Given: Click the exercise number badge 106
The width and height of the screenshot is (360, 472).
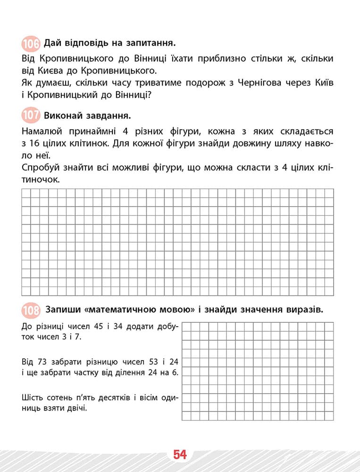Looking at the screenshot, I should point(31,44).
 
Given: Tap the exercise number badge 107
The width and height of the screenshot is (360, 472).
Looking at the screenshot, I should point(31,116).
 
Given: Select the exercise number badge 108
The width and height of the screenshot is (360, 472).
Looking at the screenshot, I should point(31,310).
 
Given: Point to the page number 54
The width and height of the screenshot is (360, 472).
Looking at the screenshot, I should point(180,455).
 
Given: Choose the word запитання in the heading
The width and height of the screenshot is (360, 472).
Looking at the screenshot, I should point(151,44).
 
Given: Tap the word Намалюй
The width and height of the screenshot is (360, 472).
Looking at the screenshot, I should point(41,131).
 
